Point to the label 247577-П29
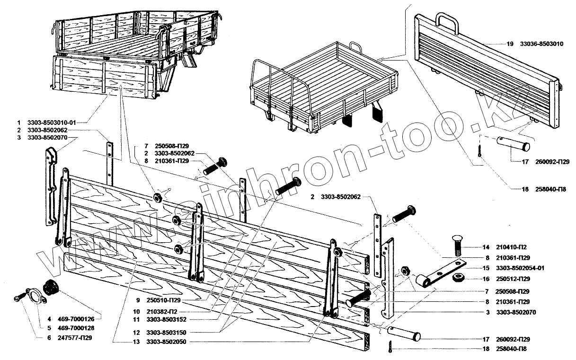(75, 338)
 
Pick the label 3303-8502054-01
(521, 268)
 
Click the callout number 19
(509, 44)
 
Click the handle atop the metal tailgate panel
(447, 23)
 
